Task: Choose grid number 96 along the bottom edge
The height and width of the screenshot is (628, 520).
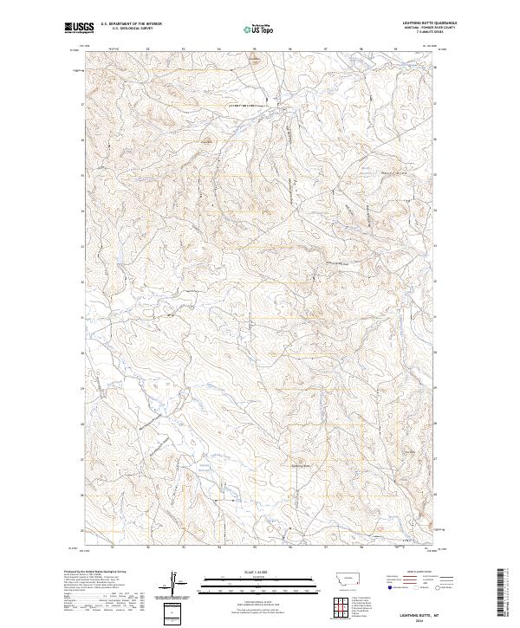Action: coord(290,548)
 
